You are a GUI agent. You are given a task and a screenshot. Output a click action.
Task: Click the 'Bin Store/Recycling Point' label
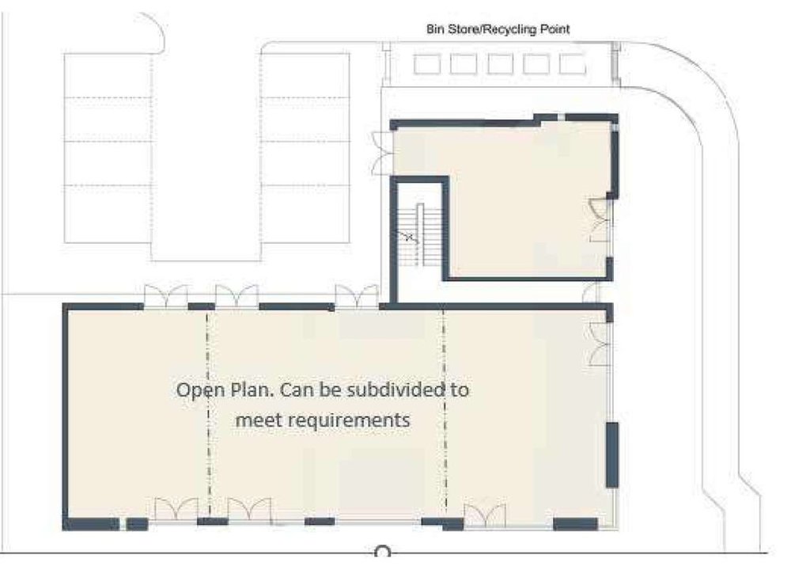click(x=498, y=29)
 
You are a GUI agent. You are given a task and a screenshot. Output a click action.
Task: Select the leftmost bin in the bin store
click(x=427, y=64)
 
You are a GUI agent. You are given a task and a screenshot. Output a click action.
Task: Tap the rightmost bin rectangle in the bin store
click(x=573, y=64)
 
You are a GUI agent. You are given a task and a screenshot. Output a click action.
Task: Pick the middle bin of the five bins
click(x=501, y=64)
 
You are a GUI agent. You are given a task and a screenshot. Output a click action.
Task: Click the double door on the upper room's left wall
click(x=382, y=154)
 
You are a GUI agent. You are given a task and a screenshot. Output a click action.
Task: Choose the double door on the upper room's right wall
click(x=600, y=221)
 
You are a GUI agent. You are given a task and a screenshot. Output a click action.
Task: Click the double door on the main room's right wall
click(x=600, y=344)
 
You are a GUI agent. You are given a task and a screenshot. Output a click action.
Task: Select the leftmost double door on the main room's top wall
click(x=166, y=296)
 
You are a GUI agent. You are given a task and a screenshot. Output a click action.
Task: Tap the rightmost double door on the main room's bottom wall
click(x=485, y=515)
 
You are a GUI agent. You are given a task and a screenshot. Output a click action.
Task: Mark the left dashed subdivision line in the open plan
click(x=208, y=414)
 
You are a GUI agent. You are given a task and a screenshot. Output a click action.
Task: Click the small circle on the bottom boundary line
click(x=382, y=552)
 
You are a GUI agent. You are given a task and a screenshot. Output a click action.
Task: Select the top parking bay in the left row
click(x=108, y=75)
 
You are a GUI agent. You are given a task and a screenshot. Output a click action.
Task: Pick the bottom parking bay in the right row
click(x=305, y=214)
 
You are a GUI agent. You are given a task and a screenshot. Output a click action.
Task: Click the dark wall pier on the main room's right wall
click(x=612, y=455)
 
